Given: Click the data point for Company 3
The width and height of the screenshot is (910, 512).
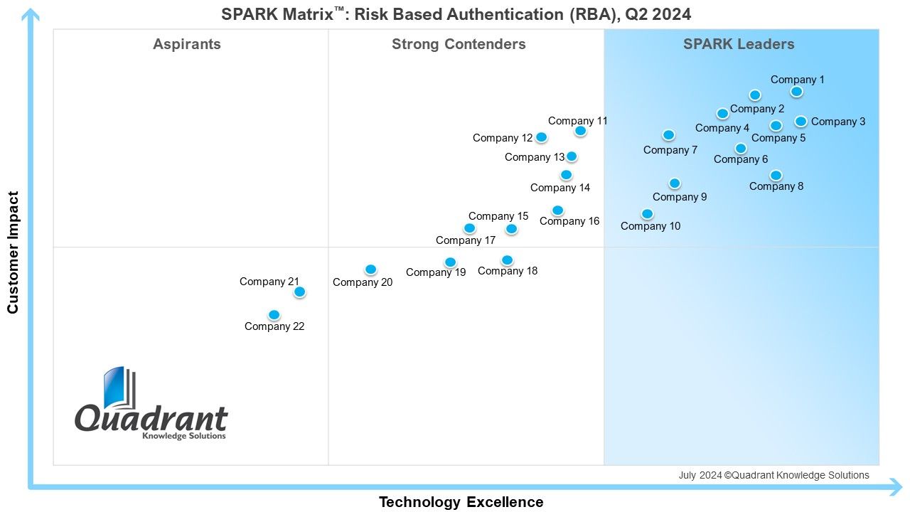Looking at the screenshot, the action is pos(801,121).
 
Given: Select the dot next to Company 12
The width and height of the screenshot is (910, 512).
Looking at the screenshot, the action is pos(541,137).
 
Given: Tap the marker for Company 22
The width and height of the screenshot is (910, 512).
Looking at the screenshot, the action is pos(274,315).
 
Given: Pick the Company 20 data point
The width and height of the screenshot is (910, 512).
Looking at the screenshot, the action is pos(370,270).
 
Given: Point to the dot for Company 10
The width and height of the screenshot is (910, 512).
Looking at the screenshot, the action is pos(647,214).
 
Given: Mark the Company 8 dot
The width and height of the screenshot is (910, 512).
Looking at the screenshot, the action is pos(776,176).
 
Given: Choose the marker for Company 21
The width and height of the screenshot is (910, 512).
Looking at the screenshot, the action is pos(300,292).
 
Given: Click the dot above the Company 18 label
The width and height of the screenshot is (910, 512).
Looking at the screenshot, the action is pos(507,260).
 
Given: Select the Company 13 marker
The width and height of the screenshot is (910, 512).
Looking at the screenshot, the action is pos(572,156).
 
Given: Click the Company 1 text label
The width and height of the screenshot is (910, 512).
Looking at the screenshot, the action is pos(798,80).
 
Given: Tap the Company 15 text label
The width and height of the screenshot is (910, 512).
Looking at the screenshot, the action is pos(498,216).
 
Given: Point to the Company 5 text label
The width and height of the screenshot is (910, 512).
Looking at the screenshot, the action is pos(778,138).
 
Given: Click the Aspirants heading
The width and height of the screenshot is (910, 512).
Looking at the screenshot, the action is pos(187,44).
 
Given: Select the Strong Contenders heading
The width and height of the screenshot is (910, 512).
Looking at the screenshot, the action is pos(459,44).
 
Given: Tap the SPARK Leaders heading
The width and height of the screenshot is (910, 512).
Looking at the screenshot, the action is pos(739,44).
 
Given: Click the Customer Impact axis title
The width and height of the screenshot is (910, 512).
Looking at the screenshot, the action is pos(13,252).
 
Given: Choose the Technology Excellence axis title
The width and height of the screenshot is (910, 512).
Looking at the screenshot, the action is pos(461,502).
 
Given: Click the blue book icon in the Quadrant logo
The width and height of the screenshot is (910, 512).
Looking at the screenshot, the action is pos(119,388).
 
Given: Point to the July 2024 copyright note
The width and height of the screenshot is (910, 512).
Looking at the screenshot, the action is pos(774,475).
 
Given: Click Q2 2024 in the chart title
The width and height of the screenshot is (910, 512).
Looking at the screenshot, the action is pos(658,15).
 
